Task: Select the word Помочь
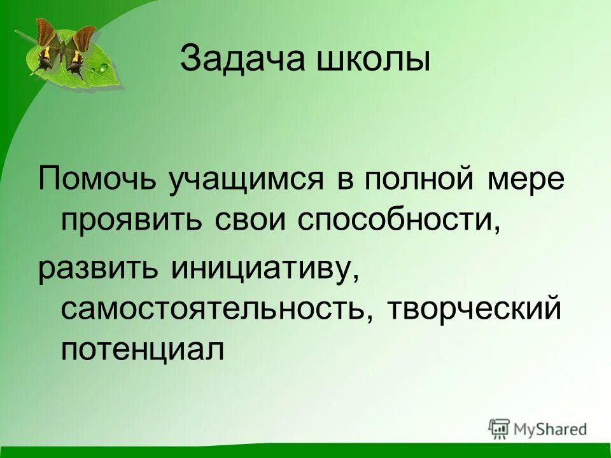tap(97, 180)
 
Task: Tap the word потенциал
tap(143, 350)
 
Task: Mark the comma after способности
tap(493, 230)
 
